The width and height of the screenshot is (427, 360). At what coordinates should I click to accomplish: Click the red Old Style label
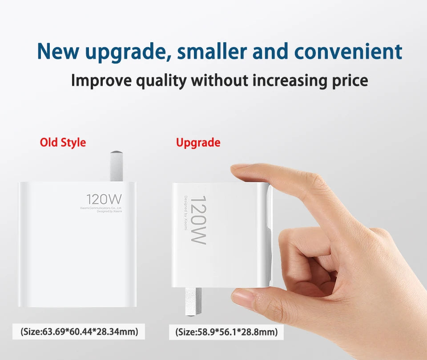tap(63, 143)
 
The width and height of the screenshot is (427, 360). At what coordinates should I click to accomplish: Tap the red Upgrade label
tap(198, 143)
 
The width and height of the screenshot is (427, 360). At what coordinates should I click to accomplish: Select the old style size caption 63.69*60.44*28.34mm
tap(79, 331)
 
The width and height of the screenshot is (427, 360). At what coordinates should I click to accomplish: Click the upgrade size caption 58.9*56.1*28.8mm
tap(226, 332)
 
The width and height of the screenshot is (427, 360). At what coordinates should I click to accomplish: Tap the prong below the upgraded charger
tap(193, 302)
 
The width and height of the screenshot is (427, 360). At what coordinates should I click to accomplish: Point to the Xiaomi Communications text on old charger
tap(101, 208)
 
